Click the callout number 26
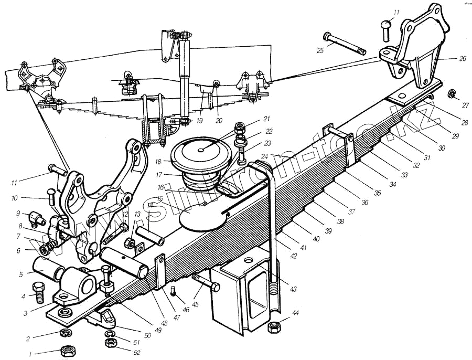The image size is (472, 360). pyautogui.click(x=462, y=59)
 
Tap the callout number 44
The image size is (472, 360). pyautogui.click(x=296, y=314)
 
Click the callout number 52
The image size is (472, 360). pyautogui.click(x=137, y=352)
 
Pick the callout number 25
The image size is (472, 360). pyautogui.click(x=320, y=50)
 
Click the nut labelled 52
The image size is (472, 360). pyautogui.click(x=111, y=344)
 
